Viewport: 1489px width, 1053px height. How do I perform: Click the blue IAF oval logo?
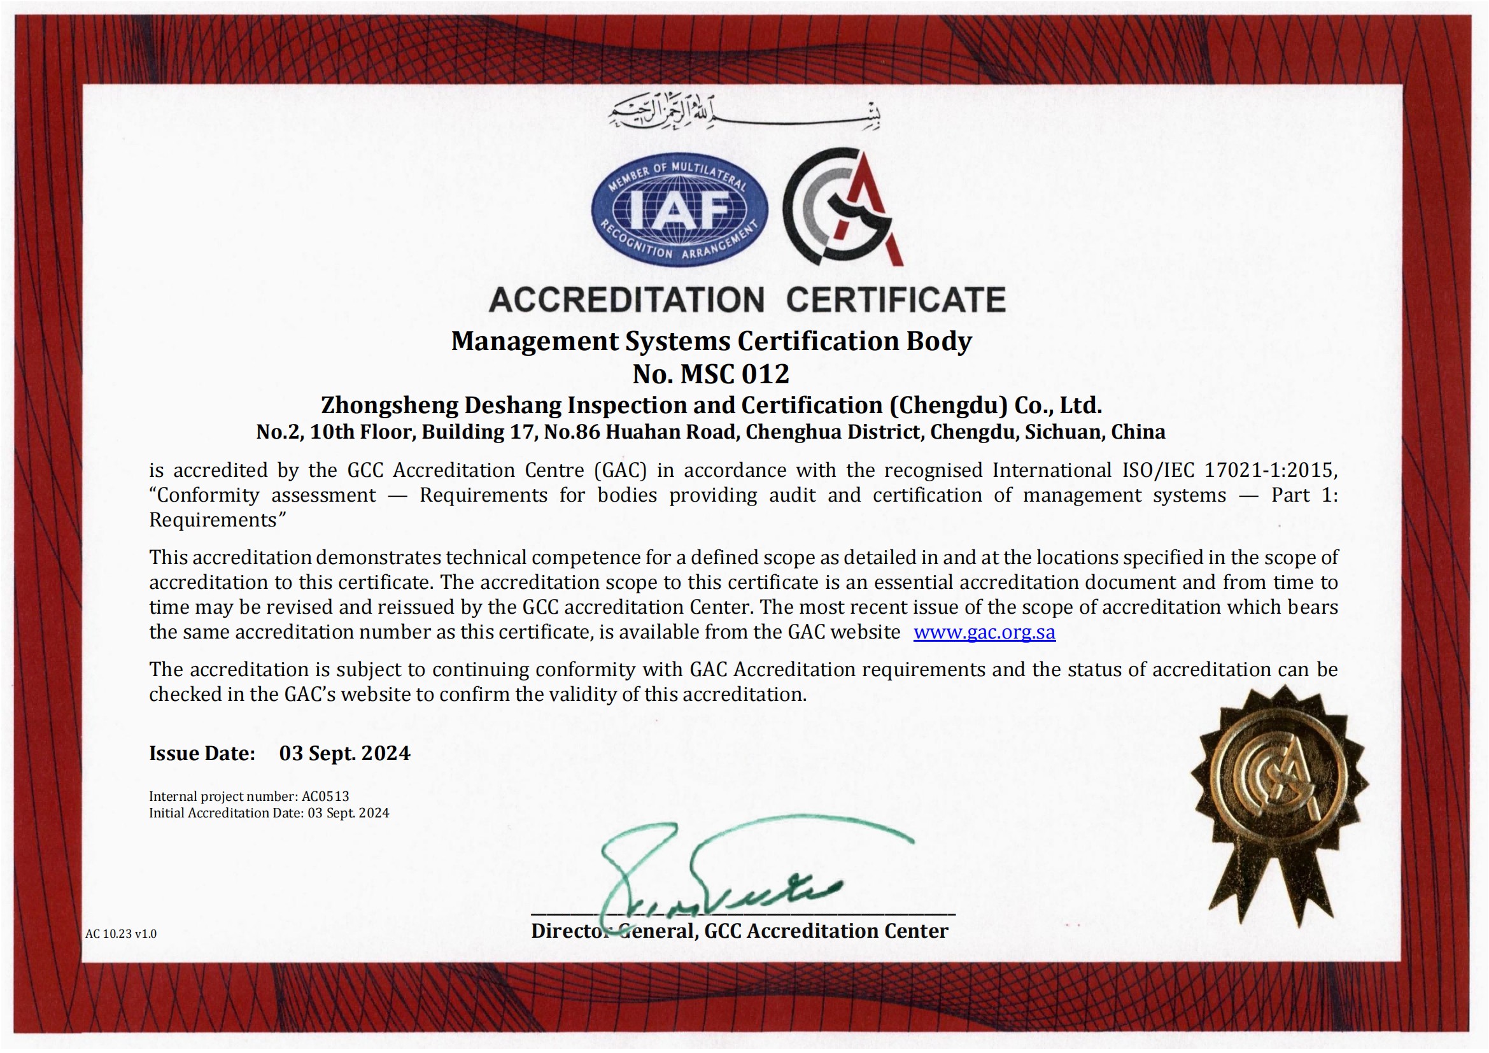click(679, 211)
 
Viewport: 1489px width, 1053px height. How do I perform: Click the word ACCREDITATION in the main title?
click(626, 300)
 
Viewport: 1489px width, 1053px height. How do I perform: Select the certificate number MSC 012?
click(734, 374)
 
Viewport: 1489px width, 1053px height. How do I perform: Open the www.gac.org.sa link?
click(984, 632)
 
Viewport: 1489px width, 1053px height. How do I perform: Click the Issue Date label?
click(202, 753)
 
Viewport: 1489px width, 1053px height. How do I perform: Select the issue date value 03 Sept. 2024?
click(344, 753)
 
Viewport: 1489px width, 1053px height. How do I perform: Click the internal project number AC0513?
click(325, 796)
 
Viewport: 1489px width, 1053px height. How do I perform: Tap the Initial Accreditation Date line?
click(269, 813)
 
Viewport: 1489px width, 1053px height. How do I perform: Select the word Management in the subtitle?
click(534, 341)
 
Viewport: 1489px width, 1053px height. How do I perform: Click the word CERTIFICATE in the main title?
click(896, 300)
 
